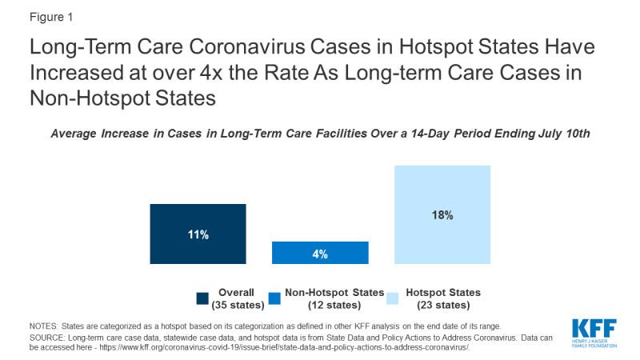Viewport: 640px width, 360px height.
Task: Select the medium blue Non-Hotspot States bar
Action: pos(320,253)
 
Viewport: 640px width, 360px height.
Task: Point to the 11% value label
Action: pos(198,234)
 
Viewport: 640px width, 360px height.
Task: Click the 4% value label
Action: pos(320,254)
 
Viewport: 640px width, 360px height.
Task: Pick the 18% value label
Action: pos(442,215)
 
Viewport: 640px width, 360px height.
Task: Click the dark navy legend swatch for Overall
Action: pos(202,298)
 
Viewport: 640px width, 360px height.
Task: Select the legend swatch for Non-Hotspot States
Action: pos(274,298)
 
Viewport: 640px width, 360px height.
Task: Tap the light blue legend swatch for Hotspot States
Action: pos(392,298)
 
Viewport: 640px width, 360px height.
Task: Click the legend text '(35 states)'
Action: pos(232,305)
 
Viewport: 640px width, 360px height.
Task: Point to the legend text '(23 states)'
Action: pos(443,305)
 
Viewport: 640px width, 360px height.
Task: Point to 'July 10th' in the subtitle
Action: pos(562,134)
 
